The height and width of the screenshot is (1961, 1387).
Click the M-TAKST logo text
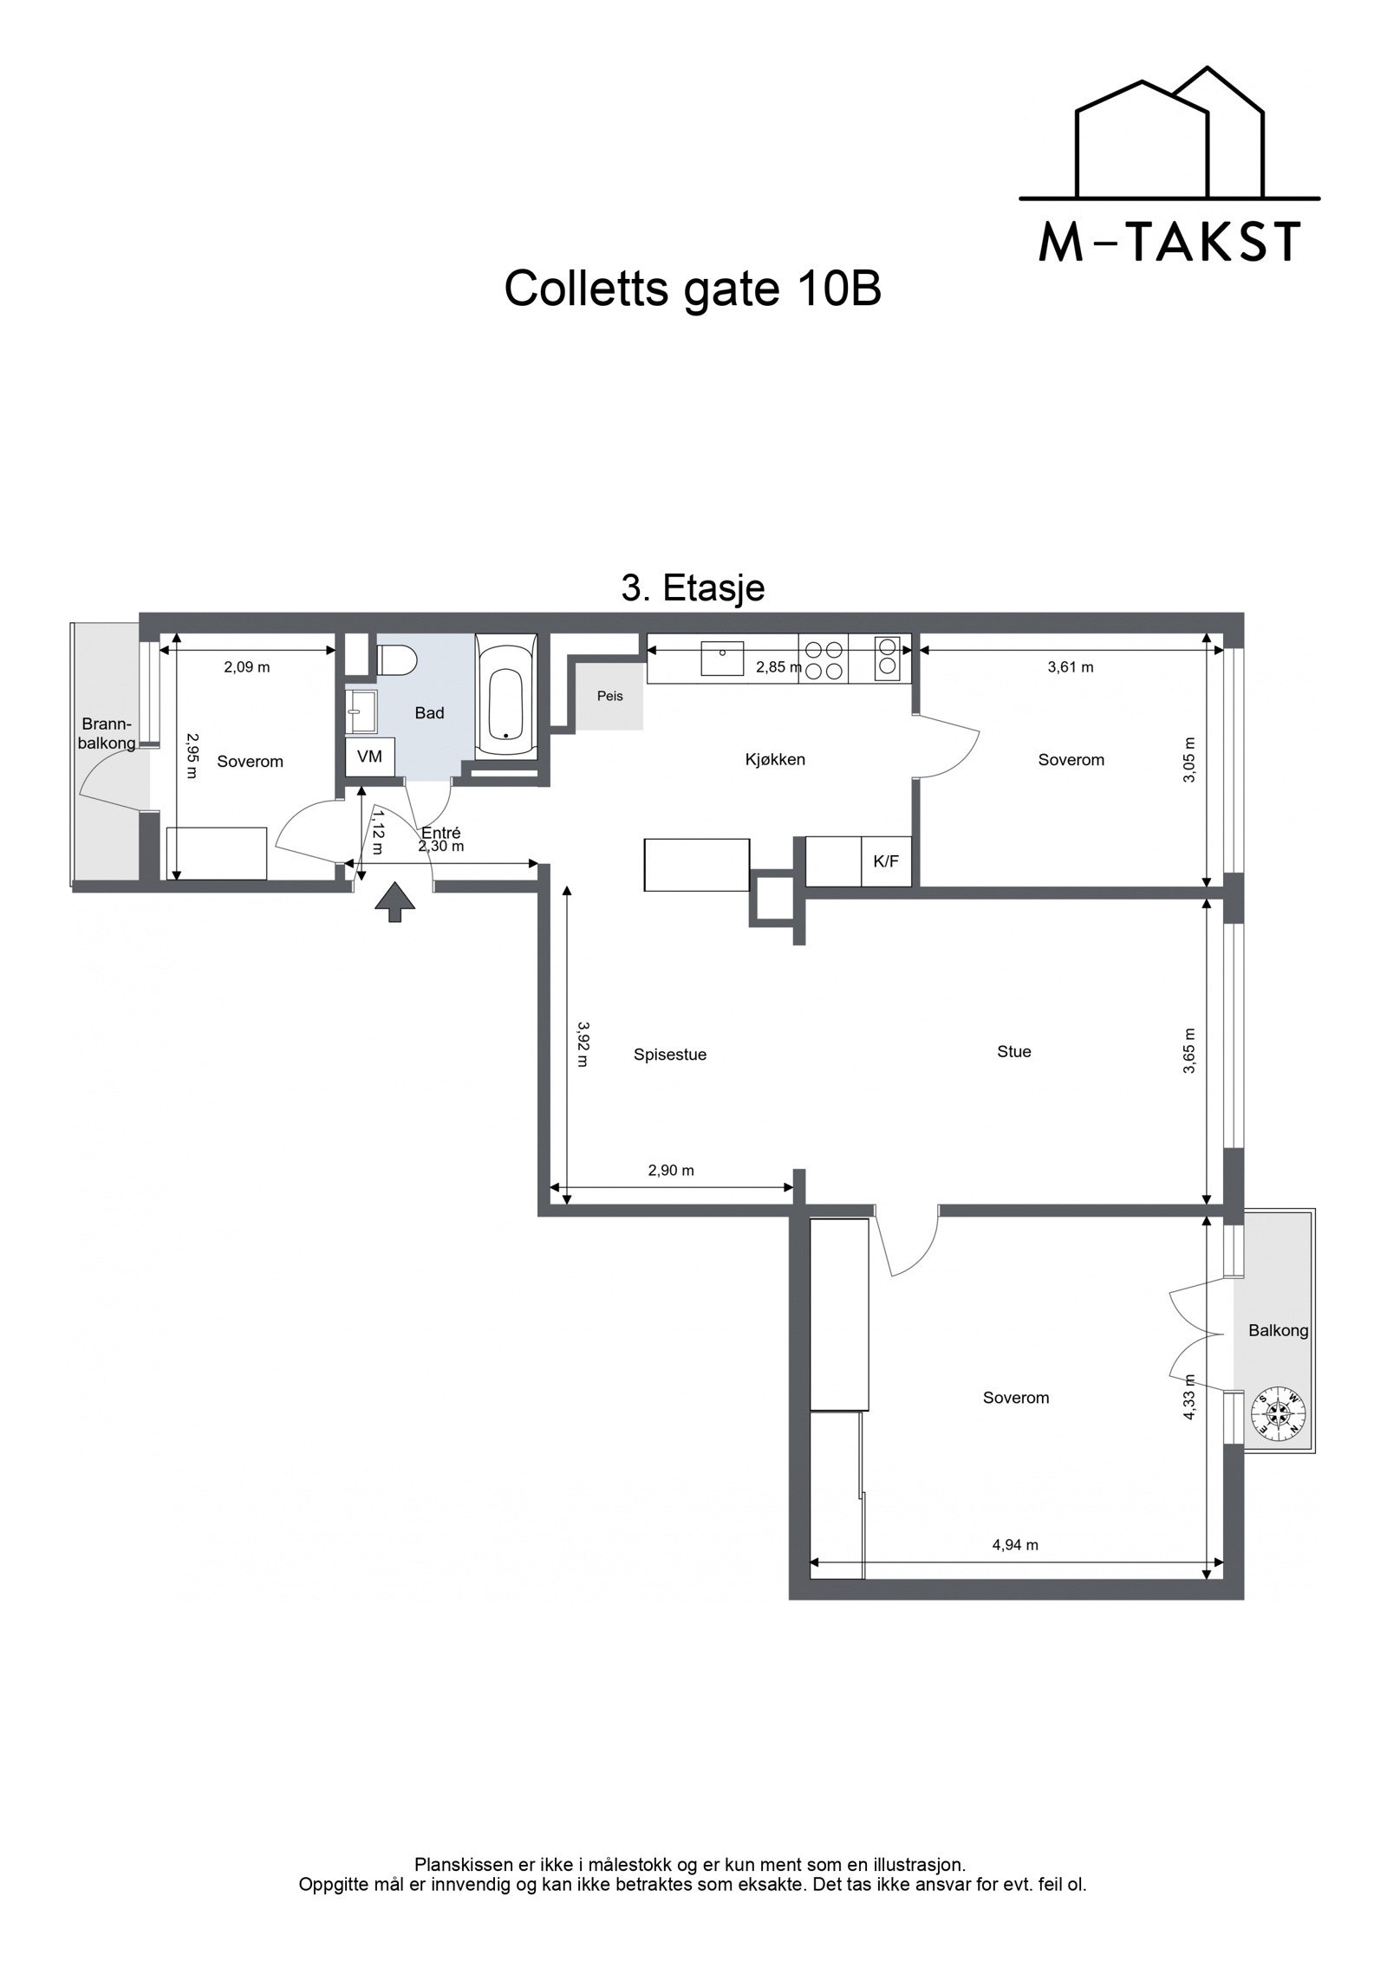(x=1169, y=242)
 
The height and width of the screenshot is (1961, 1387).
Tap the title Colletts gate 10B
(x=693, y=289)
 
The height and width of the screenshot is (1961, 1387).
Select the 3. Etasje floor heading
(x=693, y=588)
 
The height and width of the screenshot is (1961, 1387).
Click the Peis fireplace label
(x=609, y=696)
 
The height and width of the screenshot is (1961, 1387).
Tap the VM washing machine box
(x=370, y=756)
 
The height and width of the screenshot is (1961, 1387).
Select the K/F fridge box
(x=886, y=861)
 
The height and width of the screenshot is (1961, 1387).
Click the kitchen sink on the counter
(x=722, y=658)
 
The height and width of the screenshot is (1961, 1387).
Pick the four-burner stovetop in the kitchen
(x=824, y=659)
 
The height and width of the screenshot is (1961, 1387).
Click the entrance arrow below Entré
(x=394, y=901)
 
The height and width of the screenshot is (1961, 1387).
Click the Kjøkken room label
(x=775, y=760)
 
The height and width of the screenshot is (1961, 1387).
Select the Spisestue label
(x=670, y=1055)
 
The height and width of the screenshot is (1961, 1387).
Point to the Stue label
(x=1013, y=1052)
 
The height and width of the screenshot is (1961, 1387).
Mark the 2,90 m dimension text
(x=671, y=1170)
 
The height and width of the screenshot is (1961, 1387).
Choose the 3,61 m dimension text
(x=1070, y=667)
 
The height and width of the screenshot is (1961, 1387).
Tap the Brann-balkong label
(x=107, y=733)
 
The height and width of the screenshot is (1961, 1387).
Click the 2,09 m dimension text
(x=247, y=667)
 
